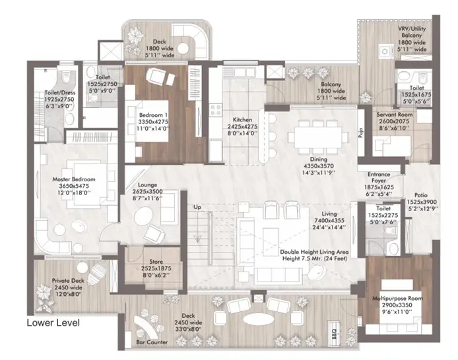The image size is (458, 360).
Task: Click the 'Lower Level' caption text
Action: [53, 323]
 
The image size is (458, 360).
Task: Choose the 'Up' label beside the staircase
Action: [196, 207]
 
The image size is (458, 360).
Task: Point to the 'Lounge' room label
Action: [148, 186]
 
